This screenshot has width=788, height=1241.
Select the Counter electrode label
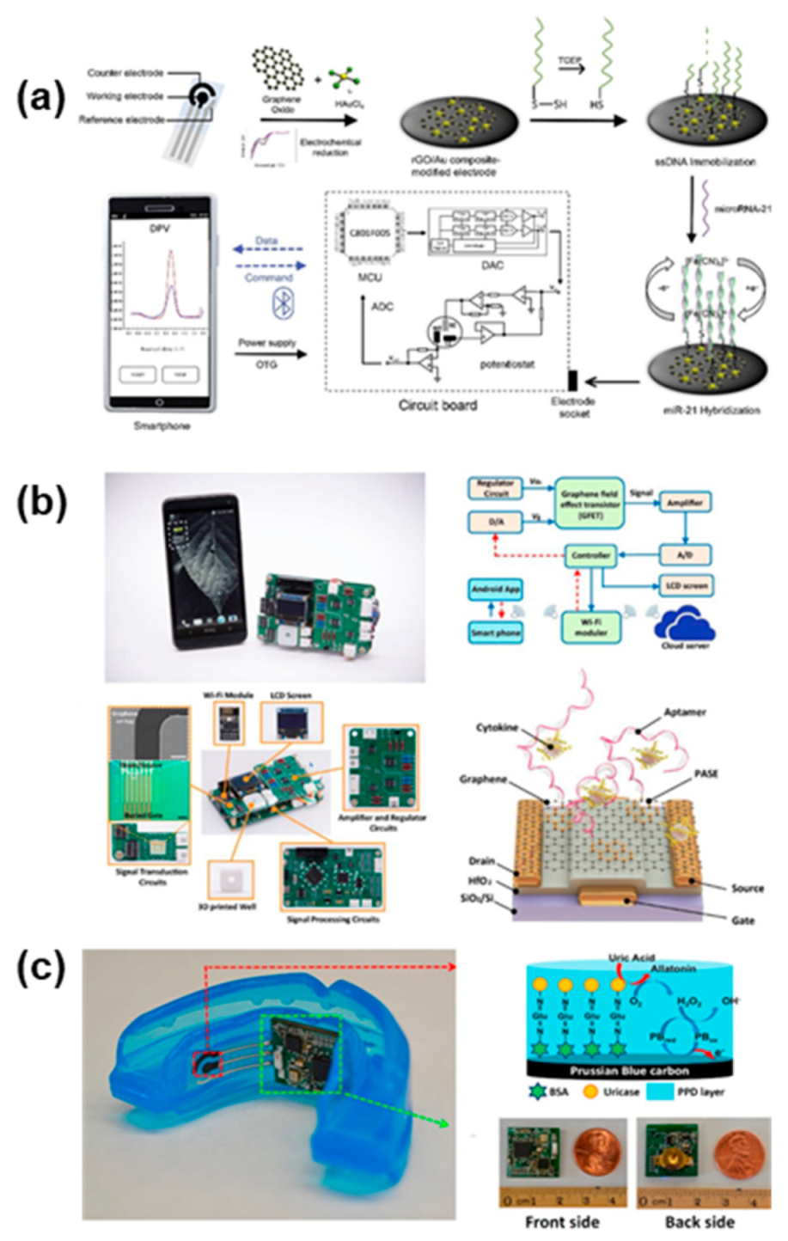point(125,73)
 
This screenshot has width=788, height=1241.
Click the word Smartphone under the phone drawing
point(162,425)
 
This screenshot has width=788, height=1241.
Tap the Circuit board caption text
point(437,405)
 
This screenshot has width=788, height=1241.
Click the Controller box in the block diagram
point(590,556)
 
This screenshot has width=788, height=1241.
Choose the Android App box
point(496,590)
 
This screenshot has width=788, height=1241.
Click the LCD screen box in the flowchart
point(685,586)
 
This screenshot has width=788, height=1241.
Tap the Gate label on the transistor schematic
point(742,920)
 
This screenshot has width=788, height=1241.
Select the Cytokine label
point(498,728)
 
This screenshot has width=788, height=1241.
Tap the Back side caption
point(699,1221)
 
